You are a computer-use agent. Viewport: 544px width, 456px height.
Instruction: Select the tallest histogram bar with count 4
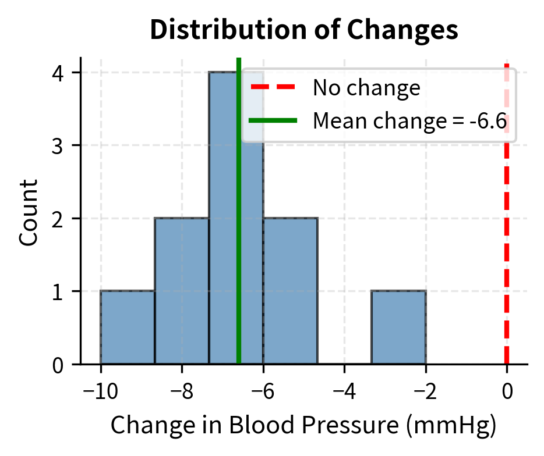click(x=224, y=233)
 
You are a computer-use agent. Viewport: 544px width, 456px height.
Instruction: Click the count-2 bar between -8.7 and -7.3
click(x=182, y=291)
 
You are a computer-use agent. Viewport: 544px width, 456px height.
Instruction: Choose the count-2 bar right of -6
click(x=290, y=291)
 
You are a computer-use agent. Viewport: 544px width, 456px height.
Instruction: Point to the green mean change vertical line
click(x=238, y=262)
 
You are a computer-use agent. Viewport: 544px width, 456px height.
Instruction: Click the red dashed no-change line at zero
click(x=507, y=262)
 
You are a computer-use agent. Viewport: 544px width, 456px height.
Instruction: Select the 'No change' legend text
click(x=366, y=88)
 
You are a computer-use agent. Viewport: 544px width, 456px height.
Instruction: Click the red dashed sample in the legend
click(x=273, y=88)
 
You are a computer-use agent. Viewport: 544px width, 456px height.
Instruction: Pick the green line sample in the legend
click(x=273, y=121)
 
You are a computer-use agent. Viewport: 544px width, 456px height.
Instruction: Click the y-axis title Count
click(x=29, y=212)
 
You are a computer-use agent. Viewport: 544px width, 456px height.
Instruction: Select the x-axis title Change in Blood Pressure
click(x=303, y=426)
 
